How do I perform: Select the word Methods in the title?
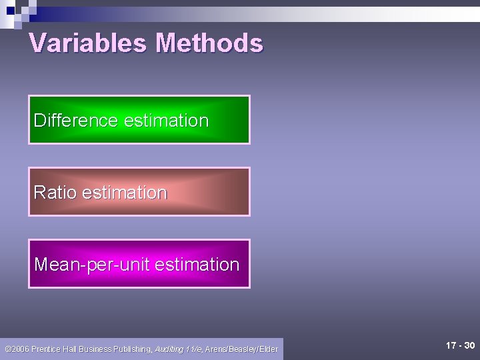pos(209,43)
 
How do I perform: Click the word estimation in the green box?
pos(166,121)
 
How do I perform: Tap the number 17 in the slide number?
pos(451,345)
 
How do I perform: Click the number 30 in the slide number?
pos(469,345)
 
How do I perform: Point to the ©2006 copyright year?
pos(15,349)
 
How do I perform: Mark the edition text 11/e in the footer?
pos(194,349)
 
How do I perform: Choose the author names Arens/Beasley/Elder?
pos(241,349)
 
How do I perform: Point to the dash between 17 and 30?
pos(460,345)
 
